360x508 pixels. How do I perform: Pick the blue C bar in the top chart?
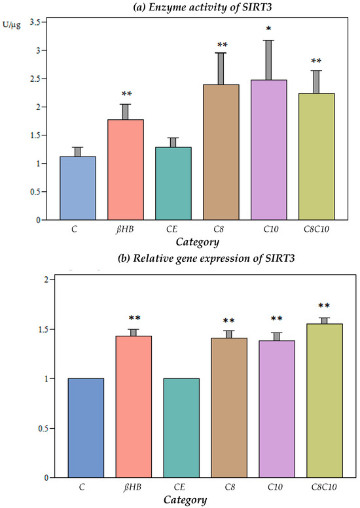point(79,188)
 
